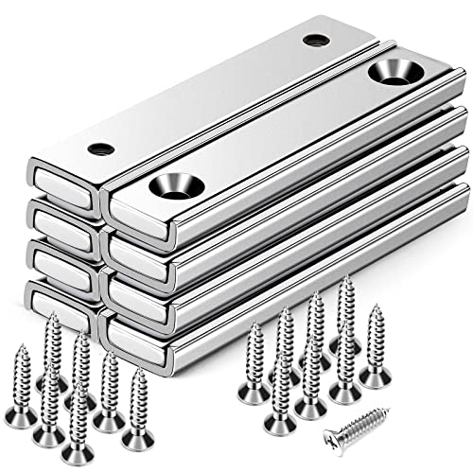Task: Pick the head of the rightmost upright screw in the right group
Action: click(x=376, y=377)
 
